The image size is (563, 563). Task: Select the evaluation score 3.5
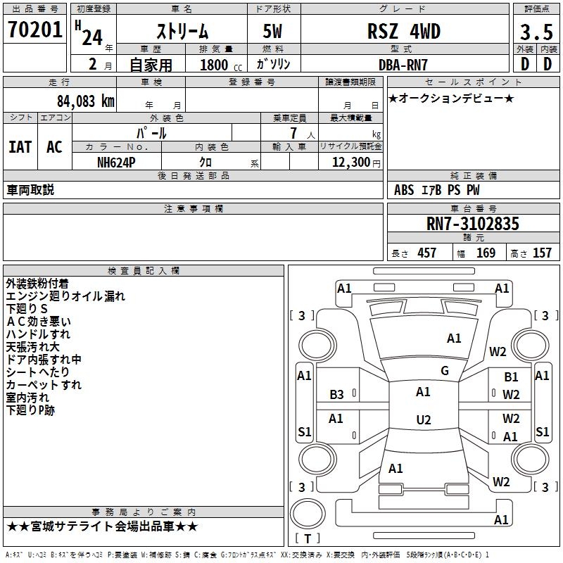tap(536, 32)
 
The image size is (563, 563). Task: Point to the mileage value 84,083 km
tap(82, 101)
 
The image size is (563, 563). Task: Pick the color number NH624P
tap(116, 162)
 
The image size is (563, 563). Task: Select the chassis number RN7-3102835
tap(473, 224)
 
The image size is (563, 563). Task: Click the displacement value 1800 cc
tap(215, 65)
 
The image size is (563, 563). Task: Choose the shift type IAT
tap(20, 147)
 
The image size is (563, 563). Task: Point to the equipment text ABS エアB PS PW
tap(437, 190)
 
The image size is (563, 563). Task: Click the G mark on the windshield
tap(445, 370)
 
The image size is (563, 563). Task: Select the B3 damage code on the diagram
tap(337, 394)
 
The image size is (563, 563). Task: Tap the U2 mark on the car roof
tap(423, 419)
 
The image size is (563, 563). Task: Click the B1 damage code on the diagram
tap(511, 378)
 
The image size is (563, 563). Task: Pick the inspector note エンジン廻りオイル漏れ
tap(65, 296)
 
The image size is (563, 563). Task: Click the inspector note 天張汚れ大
tap(33, 347)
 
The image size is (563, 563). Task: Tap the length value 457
tap(426, 253)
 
